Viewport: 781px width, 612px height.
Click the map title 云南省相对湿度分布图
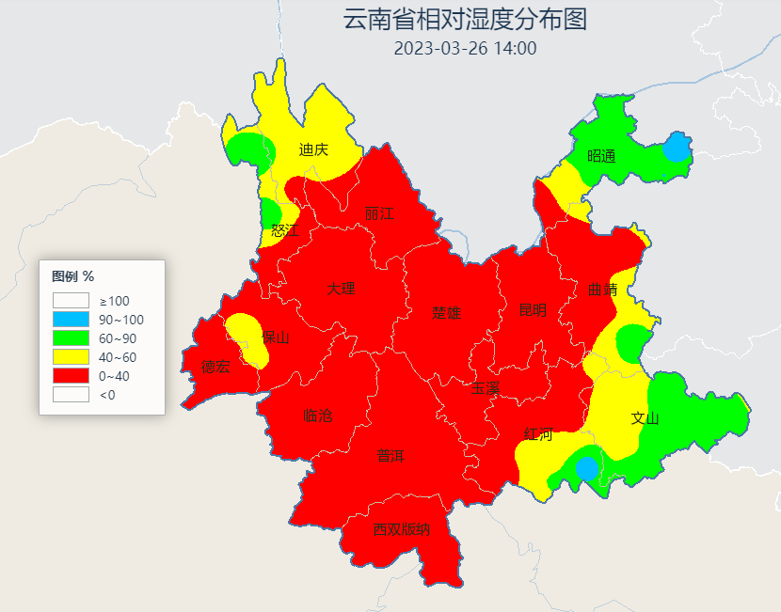pos(465,20)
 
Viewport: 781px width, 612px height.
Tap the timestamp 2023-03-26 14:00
pos(465,48)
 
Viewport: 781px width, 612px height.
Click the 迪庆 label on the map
pos(313,149)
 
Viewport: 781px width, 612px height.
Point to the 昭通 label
pos(601,156)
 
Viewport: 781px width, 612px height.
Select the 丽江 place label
pos(379,214)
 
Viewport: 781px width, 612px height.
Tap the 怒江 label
pos(283,230)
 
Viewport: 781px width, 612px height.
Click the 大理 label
pos(341,289)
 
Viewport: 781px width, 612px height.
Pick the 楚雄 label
pos(447,313)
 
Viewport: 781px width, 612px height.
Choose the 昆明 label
pos(532,311)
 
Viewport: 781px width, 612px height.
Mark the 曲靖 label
pos(602,290)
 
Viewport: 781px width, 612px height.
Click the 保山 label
pos(276,337)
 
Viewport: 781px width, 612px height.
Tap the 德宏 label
pos(215,367)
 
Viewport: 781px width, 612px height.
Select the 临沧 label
pos(318,416)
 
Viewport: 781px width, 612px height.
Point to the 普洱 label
pos(390,456)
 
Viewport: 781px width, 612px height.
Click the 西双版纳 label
pos(401,529)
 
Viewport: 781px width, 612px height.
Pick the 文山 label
pos(645,418)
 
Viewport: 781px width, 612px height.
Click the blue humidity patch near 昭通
pos(676,148)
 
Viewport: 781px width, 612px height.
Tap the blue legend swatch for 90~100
pos(71,320)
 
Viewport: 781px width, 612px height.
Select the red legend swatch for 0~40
pos(71,376)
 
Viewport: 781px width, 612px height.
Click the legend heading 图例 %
pos(72,276)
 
